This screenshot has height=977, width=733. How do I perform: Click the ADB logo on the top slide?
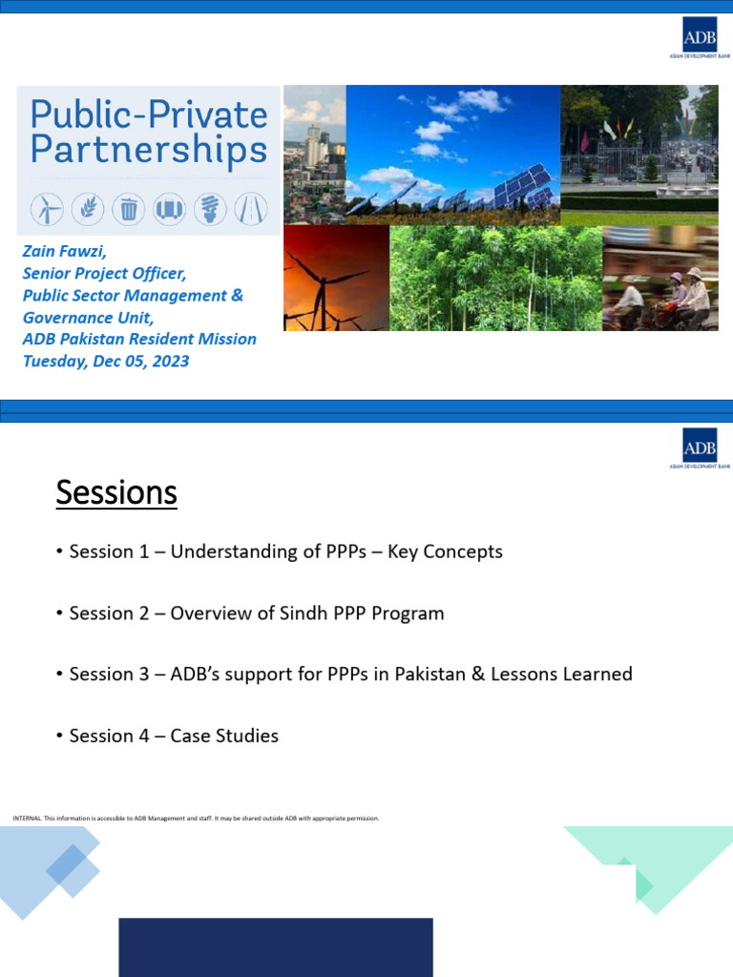[699, 37]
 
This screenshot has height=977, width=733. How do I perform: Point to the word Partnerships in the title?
[148, 151]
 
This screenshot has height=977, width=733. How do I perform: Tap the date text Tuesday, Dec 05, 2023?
[105, 361]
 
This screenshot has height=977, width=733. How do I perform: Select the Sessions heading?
[116, 493]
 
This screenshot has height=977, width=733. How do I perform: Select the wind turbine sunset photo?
[336, 278]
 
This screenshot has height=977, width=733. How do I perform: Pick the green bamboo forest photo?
[495, 278]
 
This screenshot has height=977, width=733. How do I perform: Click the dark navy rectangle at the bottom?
[275, 946]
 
